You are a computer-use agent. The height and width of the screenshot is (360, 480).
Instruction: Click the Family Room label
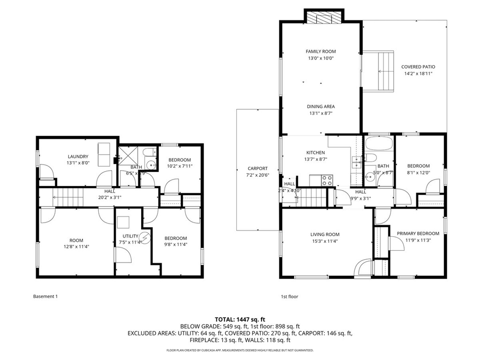click(x=321, y=52)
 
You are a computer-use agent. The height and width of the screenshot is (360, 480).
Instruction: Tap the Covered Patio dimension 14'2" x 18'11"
click(x=418, y=74)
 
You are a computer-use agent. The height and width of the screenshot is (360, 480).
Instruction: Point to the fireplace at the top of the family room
click(x=324, y=18)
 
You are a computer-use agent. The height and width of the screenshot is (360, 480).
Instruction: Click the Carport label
click(x=258, y=169)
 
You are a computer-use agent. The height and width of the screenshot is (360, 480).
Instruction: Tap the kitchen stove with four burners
click(x=327, y=180)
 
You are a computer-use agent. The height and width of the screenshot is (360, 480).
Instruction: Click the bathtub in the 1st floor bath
click(x=380, y=143)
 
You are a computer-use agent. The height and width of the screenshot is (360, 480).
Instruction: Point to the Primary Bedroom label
click(x=418, y=233)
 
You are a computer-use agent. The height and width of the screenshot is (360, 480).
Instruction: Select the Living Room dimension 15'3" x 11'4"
click(x=325, y=241)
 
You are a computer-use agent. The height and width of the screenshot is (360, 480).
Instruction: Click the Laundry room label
click(x=78, y=157)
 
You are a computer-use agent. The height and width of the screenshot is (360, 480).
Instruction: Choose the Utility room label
click(x=130, y=236)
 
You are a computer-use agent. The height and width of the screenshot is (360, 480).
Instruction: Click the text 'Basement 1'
click(x=45, y=296)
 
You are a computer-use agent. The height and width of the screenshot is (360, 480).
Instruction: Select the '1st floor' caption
click(x=289, y=296)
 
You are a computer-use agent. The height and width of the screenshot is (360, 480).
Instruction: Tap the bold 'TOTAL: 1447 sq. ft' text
click(x=240, y=319)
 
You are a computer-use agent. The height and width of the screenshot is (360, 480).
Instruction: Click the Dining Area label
click(x=321, y=106)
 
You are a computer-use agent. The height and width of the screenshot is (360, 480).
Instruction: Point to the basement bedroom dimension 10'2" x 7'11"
click(x=180, y=166)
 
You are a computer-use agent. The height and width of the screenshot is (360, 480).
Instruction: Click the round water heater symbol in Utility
click(x=146, y=237)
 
